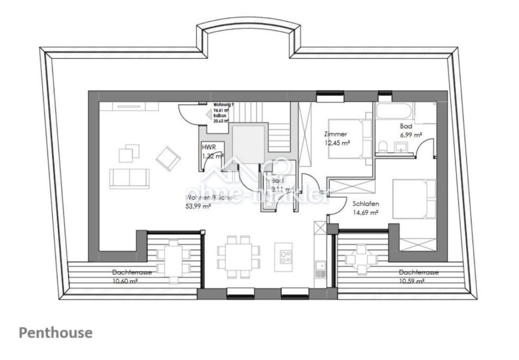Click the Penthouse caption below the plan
point(56,333)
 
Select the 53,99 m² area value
point(198,207)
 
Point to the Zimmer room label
point(335,134)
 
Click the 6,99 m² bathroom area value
point(411,135)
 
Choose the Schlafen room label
point(365,204)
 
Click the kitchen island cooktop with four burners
point(285,257)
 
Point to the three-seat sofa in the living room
point(129,178)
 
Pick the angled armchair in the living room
point(168,158)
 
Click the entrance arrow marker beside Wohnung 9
point(208,115)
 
